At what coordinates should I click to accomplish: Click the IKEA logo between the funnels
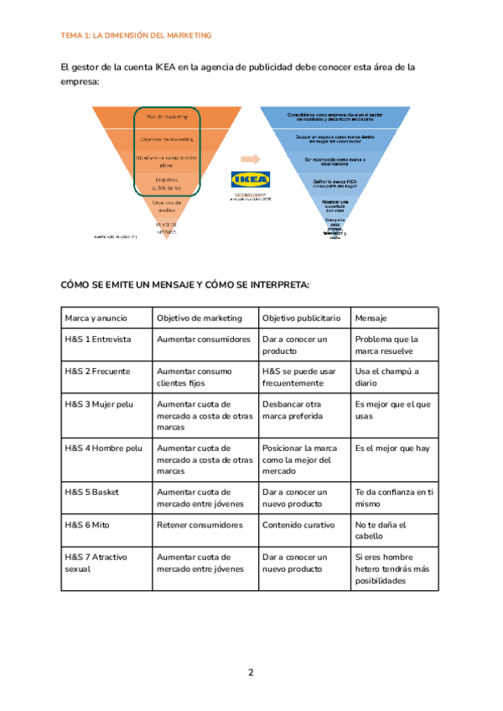[x=250, y=180]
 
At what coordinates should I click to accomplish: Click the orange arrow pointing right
[x=249, y=158]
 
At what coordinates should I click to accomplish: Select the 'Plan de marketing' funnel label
[x=168, y=117]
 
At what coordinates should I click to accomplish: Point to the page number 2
[x=251, y=672]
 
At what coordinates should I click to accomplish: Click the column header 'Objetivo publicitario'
[x=301, y=318]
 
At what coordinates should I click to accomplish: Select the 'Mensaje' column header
[x=371, y=318]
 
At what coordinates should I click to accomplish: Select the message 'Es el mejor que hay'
[x=392, y=449]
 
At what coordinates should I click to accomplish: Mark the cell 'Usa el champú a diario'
[x=386, y=377]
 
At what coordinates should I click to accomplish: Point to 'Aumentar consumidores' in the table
[x=204, y=340]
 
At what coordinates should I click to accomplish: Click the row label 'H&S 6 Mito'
[x=87, y=525]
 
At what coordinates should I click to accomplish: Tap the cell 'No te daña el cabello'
[x=381, y=531]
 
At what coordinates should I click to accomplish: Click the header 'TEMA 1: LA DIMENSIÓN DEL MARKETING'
[x=137, y=35]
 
